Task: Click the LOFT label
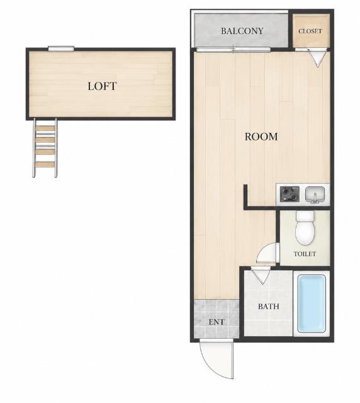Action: (102, 86)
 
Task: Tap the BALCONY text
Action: (242, 31)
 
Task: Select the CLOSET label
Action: (310, 31)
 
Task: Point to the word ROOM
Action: (261, 137)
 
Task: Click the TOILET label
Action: (305, 254)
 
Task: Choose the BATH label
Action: (269, 307)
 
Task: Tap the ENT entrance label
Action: (217, 322)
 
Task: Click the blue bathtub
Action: (312, 304)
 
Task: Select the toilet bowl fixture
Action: (305, 228)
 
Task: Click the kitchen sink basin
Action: (315, 195)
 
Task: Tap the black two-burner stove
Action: (290, 194)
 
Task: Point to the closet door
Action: (318, 58)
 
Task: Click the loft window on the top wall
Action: (61, 48)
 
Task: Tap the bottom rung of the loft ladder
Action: (45, 164)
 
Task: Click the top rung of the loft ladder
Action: (45, 128)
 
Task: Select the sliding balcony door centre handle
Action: (233, 49)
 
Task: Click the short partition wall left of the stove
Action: (245, 195)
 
